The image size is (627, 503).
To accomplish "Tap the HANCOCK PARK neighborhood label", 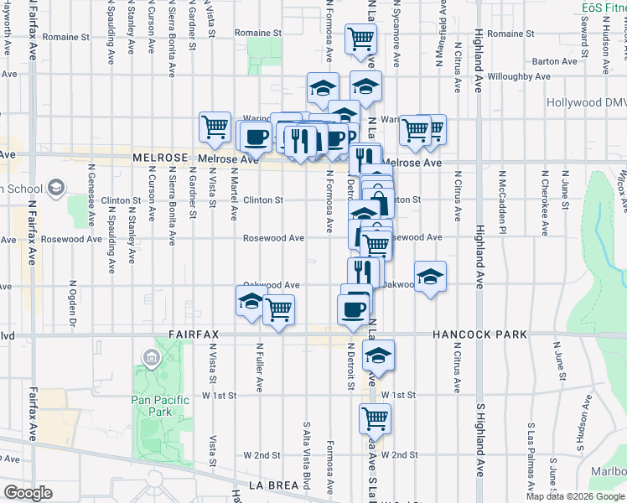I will tap(480, 334).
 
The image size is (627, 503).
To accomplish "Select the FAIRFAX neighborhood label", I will tap(193, 334).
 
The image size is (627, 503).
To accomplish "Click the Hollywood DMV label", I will tap(586, 102).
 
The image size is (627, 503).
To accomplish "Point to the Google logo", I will tap(28, 493).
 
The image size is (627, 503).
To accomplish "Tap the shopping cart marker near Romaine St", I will tap(360, 39).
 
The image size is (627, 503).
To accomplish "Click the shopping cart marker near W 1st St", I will tap(375, 417).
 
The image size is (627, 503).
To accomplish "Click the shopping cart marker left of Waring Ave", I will tap(215, 127).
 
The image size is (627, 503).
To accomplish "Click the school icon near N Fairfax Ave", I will tap(56, 187).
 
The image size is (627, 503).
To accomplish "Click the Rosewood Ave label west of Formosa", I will tap(273, 238).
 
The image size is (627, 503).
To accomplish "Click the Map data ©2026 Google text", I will tap(575, 496).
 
